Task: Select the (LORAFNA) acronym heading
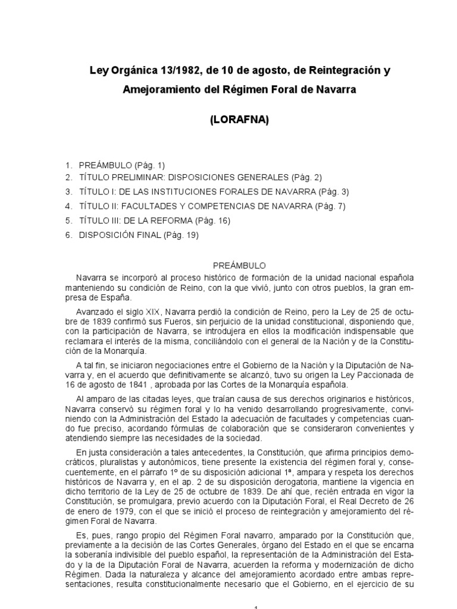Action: coord(239,120)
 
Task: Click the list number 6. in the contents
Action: coord(68,235)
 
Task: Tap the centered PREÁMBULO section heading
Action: coord(240,266)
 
